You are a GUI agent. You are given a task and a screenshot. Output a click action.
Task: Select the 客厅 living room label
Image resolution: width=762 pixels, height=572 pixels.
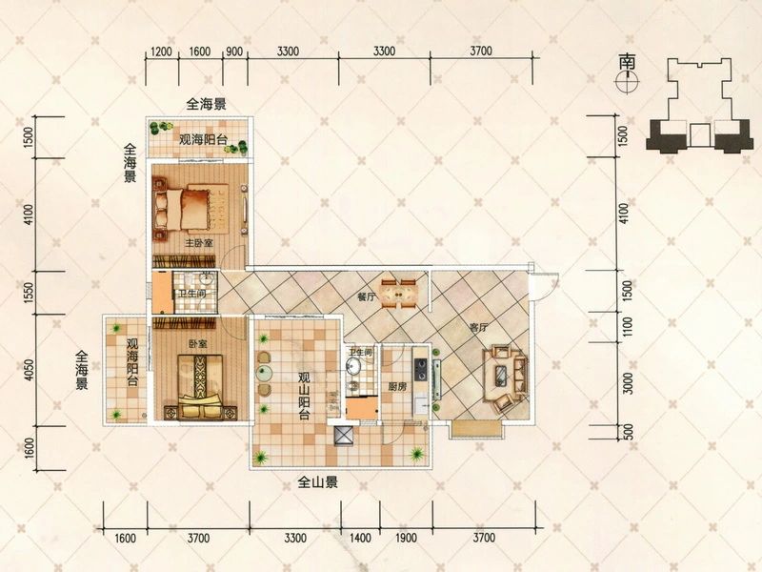coord(478,327)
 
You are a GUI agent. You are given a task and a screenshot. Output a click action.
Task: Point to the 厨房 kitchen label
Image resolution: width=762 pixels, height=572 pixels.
coord(398,387)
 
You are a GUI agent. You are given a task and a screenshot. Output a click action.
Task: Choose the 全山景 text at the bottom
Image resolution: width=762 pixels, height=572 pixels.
coord(318,483)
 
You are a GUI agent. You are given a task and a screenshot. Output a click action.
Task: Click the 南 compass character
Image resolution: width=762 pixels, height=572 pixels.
coord(627,60)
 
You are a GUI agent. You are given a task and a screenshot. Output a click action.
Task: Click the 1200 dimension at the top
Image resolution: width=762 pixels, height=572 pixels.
coord(161,51)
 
